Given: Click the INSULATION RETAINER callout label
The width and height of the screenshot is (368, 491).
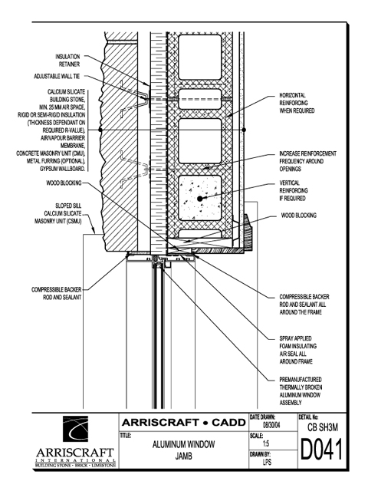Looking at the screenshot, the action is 67,61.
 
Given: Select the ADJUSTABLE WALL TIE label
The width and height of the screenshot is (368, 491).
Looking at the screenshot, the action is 57,77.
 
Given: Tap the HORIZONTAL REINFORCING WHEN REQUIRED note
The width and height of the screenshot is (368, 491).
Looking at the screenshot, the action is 297,103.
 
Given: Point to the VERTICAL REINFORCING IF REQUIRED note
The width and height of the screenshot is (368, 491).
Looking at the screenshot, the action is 294,190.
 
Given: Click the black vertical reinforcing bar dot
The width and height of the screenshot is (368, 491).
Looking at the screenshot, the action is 199,198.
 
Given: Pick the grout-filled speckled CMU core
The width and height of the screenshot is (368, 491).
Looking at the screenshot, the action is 200,198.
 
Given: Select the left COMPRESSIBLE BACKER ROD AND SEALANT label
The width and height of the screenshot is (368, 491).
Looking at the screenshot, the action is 56,293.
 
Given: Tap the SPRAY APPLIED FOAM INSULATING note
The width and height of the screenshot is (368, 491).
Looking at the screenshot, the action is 298,350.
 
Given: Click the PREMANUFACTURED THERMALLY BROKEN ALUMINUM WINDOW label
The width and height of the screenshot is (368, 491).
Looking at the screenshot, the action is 301,391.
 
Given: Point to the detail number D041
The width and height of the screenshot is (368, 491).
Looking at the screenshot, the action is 322,450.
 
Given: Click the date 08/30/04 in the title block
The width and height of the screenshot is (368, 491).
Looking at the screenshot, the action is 271,426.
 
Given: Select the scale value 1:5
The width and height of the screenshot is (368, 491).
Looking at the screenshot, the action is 266,443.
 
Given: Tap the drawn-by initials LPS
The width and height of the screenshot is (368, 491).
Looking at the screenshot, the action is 267,462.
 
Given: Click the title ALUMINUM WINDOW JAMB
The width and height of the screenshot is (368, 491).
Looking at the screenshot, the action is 184,450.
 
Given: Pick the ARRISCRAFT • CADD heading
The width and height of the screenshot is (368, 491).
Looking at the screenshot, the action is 184,423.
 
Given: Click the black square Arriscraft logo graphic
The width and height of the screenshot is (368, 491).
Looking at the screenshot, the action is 75,429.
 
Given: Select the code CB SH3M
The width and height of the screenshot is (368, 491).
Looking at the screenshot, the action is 323,427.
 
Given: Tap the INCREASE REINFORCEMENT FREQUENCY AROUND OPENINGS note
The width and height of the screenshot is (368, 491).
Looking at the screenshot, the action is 308,161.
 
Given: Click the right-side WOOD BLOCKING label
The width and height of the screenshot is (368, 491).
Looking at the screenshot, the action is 298,216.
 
